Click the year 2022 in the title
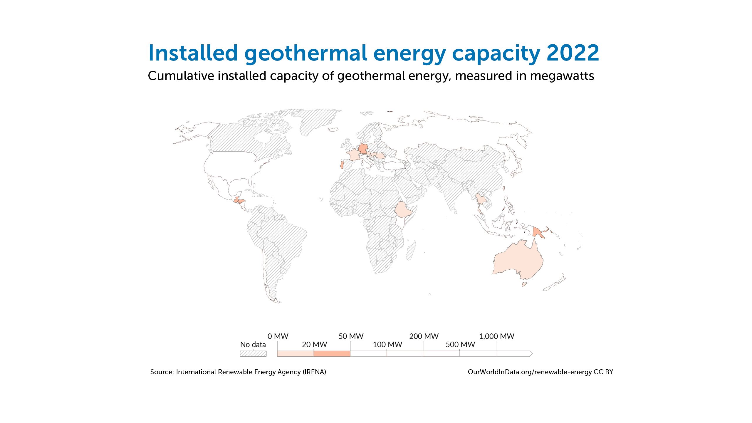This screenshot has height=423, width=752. [573, 53]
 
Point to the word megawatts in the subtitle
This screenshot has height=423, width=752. [562, 76]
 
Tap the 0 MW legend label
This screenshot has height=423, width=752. [278, 336]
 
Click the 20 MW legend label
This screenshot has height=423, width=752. [314, 345]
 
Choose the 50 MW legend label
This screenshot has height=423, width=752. [351, 336]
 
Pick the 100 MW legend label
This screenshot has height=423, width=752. [387, 345]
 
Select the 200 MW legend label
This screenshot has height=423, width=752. [424, 336]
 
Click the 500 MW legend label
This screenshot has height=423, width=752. [460, 345]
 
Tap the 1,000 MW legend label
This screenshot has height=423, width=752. [497, 336]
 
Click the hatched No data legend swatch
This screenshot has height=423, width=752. [253, 353]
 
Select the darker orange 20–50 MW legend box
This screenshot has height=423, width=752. [332, 353]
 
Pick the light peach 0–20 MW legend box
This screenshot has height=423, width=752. [296, 353]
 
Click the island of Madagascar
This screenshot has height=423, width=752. [411, 250]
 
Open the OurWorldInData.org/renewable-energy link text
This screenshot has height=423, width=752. [530, 372]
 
